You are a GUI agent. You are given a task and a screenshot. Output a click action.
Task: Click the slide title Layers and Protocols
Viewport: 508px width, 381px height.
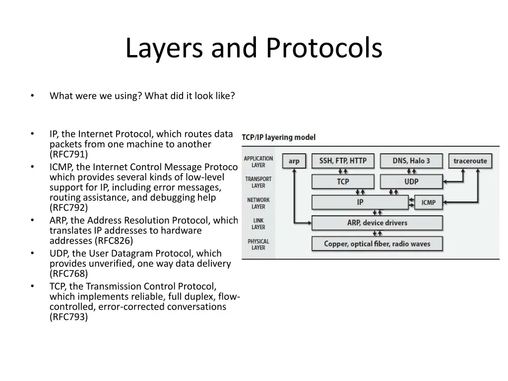(254, 48)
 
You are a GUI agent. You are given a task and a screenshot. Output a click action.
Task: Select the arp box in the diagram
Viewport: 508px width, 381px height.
(294, 161)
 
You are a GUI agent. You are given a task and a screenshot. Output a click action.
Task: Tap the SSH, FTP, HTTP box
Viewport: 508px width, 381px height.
(343, 161)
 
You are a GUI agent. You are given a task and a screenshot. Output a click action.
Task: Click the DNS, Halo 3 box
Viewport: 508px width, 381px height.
(411, 161)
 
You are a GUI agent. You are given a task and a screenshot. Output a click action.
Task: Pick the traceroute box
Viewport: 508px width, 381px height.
(470, 161)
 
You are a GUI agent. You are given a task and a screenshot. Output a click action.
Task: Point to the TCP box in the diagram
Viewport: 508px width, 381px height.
(343, 182)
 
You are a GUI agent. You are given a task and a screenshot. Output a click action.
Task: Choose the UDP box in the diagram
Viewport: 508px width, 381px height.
(411, 182)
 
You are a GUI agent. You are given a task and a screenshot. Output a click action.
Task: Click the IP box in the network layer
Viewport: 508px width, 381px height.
(360, 202)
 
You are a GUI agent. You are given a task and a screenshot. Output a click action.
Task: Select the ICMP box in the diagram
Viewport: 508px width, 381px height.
(428, 202)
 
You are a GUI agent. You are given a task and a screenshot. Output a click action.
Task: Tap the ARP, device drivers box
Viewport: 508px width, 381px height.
(377, 223)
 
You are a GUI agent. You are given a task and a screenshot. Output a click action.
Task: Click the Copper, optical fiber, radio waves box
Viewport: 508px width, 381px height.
(377, 244)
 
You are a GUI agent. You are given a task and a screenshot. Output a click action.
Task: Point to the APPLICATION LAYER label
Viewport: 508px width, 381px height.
(258, 162)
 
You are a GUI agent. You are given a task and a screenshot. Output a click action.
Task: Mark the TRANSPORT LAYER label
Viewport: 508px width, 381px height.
(258, 182)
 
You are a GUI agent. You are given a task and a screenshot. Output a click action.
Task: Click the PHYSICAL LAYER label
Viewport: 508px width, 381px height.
(258, 245)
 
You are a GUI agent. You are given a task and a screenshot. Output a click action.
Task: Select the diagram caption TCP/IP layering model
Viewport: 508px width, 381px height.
(279, 137)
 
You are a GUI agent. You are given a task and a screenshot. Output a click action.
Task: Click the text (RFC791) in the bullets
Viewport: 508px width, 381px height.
(68, 154)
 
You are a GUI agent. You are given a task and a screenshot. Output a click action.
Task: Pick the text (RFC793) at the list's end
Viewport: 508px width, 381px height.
(68, 317)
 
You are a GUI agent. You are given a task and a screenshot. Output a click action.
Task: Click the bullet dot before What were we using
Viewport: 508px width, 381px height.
(32, 96)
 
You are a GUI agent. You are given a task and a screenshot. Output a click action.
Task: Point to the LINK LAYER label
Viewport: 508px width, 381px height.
(258, 224)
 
